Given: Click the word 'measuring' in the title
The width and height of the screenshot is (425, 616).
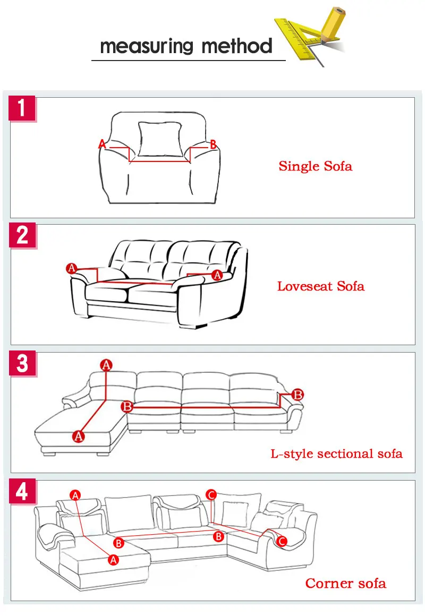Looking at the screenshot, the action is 147,46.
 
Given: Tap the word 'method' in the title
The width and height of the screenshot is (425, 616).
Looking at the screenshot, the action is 237,46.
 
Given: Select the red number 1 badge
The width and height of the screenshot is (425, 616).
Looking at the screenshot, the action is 22,108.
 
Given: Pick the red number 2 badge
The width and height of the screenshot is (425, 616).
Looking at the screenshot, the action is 22,235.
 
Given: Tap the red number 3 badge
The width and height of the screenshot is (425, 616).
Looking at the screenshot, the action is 22,363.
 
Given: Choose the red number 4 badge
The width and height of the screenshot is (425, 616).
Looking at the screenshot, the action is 22,491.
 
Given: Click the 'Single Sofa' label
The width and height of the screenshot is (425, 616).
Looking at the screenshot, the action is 316,166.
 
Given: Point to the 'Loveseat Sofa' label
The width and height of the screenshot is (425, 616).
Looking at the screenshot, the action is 321,286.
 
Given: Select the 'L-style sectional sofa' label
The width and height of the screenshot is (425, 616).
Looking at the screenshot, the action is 336,454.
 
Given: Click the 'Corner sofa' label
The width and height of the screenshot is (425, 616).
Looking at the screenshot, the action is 346,584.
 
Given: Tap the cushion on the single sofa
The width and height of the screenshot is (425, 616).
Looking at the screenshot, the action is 160,139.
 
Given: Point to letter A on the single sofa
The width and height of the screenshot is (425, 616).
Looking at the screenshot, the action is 102,144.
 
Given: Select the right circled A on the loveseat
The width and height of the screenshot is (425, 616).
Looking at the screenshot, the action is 217,276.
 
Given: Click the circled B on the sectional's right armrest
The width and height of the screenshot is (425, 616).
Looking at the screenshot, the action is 297,395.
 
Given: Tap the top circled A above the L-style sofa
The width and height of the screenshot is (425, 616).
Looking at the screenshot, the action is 106,365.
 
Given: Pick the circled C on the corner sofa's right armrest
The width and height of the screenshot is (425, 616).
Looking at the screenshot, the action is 282,541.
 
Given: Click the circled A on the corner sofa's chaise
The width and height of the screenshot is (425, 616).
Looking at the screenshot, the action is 113,560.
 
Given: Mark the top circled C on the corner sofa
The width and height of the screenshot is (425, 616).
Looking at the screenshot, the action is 211,495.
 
